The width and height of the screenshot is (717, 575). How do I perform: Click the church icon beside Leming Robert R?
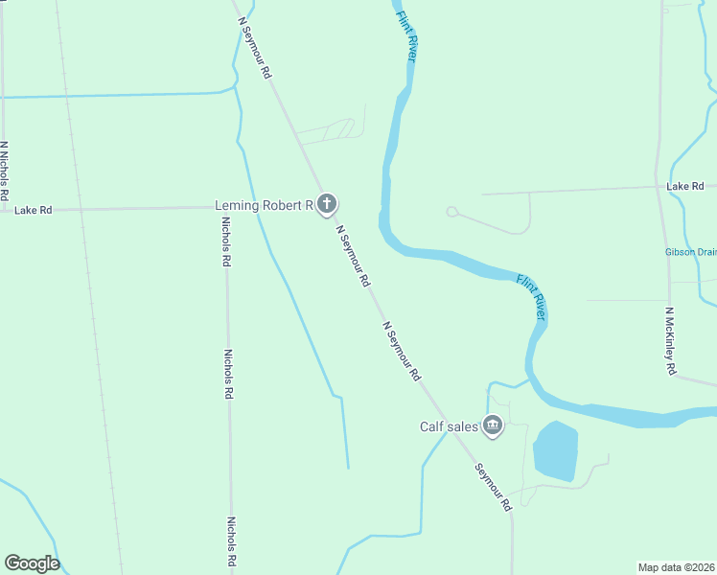click(x=327, y=203)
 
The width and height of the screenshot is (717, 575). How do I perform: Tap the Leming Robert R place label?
click(x=264, y=205)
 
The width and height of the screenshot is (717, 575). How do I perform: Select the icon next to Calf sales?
click(x=493, y=425)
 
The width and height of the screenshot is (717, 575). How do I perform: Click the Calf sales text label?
click(x=448, y=427)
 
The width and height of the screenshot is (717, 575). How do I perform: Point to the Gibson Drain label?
click(x=690, y=253)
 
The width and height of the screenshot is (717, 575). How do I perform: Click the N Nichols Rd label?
click(x=5, y=171)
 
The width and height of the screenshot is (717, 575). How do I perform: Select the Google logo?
click(x=32, y=563)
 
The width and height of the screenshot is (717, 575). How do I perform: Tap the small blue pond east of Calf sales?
click(x=555, y=450)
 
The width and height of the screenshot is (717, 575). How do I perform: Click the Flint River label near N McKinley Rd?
click(x=531, y=297)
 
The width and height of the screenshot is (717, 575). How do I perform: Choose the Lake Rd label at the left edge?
click(x=33, y=209)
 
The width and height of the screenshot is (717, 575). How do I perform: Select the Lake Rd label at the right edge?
click(x=685, y=186)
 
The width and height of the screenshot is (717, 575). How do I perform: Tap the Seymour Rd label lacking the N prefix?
click(x=494, y=487)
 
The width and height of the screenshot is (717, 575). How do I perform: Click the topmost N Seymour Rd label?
click(x=255, y=47)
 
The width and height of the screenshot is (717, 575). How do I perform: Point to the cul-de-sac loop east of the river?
click(x=451, y=212)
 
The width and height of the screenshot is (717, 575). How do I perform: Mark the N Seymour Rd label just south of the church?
click(x=353, y=257)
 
